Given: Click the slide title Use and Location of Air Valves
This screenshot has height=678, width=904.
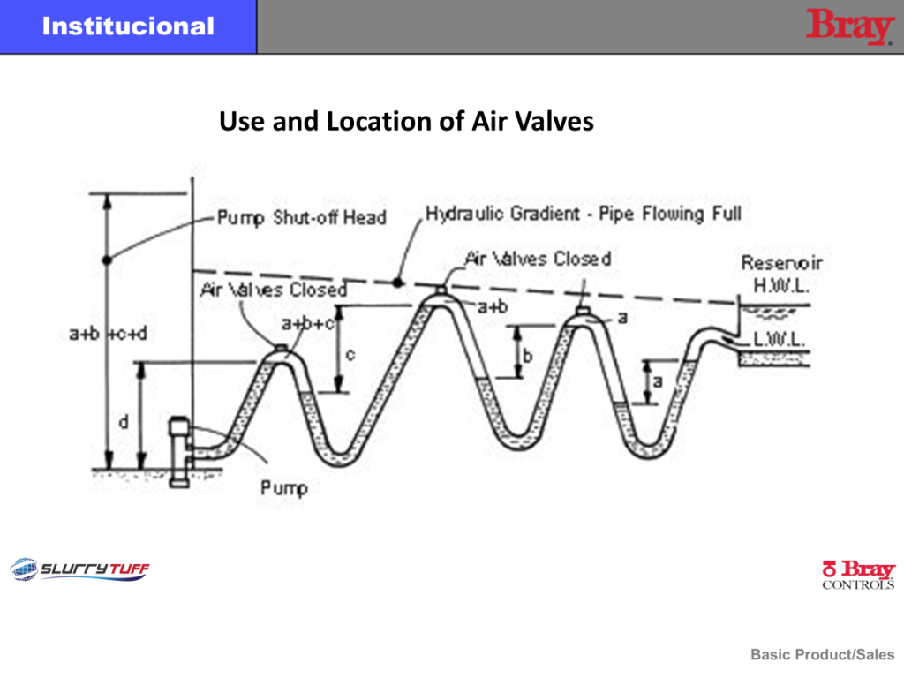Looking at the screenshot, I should pos(406,121).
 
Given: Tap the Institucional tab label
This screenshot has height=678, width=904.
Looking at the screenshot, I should pos(128,26).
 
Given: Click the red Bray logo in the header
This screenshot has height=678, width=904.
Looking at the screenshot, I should pos(849,26).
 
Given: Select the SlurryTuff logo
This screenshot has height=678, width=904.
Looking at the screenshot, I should pos(80,569).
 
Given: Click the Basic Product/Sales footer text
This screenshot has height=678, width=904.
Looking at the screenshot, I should pos(822,654).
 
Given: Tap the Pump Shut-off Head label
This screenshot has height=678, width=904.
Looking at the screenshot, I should pos(302,217).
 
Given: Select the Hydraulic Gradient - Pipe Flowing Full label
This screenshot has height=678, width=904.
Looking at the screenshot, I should pos(584,214).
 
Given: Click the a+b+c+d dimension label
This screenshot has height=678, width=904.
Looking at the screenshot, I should pos(109,334).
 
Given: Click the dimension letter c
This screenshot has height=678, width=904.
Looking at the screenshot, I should pos(350,355).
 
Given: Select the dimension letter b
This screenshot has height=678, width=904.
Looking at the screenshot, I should pos(527,357).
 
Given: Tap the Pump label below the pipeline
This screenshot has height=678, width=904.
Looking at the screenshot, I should pos(283,486).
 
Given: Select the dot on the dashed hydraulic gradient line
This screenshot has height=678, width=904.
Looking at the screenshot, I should pos(398,282).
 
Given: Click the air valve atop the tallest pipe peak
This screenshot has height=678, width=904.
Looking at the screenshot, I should pos(441,288).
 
